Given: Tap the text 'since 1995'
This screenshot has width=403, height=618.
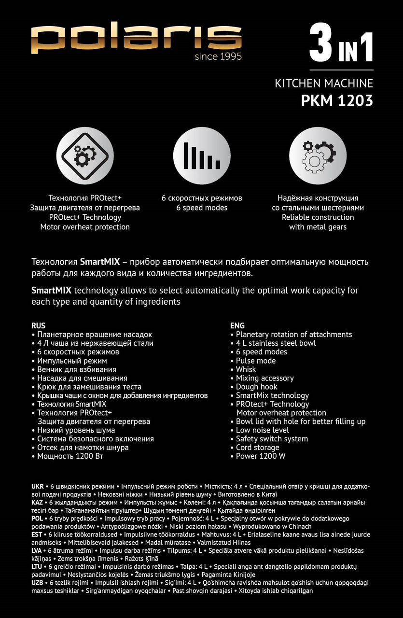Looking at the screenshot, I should click(218, 56).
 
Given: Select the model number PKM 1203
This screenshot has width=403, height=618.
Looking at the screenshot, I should click(337, 101).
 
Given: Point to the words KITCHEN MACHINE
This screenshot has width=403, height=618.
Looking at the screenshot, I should click(324, 84).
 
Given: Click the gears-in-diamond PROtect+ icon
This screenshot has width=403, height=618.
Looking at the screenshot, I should click(85, 156).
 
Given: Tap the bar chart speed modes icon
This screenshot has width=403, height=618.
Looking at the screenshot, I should click(202, 156).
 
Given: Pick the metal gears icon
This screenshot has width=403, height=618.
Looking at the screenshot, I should click(318, 156).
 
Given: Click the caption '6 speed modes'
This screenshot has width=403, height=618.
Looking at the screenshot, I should click(202, 208).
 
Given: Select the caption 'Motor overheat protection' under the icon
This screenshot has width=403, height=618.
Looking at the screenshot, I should click(85, 227).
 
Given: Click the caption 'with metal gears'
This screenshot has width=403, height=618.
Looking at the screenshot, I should click(318, 227).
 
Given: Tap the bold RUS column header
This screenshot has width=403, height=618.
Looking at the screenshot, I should click(38, 326).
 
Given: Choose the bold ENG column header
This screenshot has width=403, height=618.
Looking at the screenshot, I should click(237, 326).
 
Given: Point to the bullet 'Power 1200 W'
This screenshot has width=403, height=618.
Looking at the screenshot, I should click(261, 456).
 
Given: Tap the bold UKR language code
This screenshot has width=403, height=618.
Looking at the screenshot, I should click(38, 486).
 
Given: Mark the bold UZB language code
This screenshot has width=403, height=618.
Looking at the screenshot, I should click(38, 583).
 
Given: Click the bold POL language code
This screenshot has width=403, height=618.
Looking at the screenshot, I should click(37, 519).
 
